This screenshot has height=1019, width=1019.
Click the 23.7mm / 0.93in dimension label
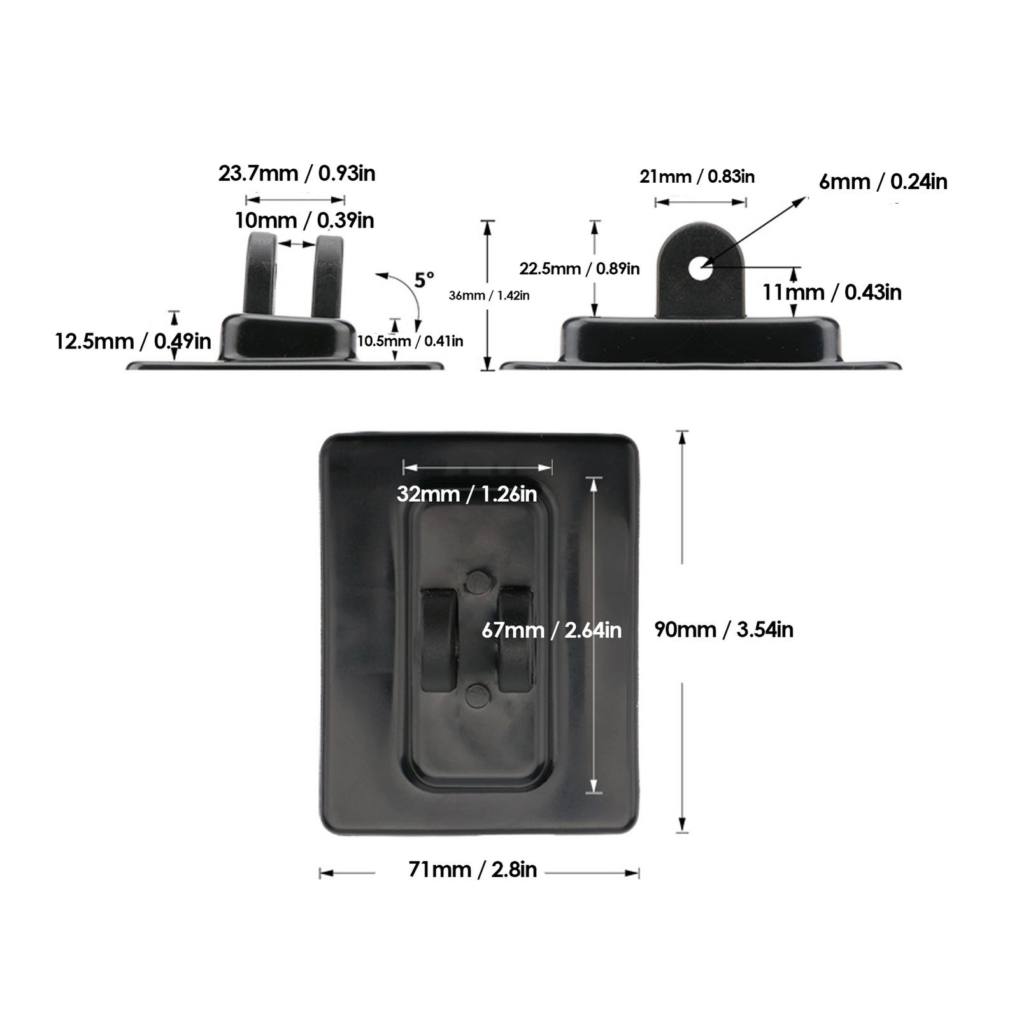(297, 173)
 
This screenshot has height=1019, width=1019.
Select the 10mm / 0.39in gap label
(304, 220)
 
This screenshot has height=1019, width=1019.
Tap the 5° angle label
(424, 280)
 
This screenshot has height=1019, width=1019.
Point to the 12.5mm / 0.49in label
(133, 341)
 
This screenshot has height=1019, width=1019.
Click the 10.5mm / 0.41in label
(410, 341)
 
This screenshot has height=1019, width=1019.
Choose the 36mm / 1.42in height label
(489, 296)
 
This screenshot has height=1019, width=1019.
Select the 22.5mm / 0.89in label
(580, 268)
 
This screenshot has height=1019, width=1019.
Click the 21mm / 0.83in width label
(697, 176)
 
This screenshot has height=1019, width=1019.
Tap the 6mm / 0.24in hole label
(883, 182)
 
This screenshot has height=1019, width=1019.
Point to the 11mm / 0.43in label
(832, 292)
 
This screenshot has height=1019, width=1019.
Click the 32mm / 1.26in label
(467, 494)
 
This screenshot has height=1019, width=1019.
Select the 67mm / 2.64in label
(552, 630)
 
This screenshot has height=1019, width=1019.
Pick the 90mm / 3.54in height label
(724, 629)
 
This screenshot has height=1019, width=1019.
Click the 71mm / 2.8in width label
(473, 869)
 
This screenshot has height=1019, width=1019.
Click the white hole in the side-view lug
(701, 269)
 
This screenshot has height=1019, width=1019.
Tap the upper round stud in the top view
(478, 581)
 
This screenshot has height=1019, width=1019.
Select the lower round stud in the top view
(478, 695)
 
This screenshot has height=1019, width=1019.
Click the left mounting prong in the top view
(439, 641)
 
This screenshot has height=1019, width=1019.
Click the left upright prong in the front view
(260, 274)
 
